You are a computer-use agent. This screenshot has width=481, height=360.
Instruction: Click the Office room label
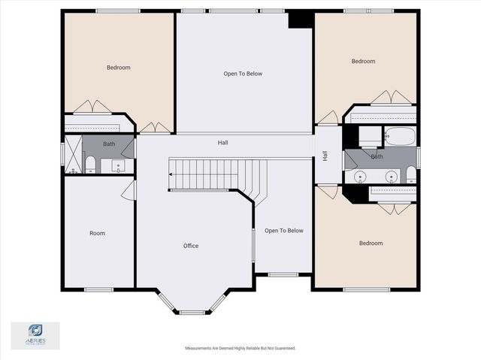point(191,246)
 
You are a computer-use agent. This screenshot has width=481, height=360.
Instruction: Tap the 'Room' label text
point(97,233)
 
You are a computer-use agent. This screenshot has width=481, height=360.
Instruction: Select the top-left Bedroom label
point(118,68)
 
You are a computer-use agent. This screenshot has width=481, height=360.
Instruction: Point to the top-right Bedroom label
point(363,61)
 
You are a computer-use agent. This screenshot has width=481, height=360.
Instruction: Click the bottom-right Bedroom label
point(371,243)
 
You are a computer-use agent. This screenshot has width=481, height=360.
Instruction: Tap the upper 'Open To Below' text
point(243,74)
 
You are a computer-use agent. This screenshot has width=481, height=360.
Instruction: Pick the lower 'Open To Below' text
point(284,231)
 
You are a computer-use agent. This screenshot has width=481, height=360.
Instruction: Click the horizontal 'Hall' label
point(223,142)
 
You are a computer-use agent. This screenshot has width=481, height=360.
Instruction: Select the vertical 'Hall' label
point(325,156)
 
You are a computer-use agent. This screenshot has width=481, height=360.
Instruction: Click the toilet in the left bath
point(89,165)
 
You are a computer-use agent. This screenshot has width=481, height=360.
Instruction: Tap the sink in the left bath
point(117,166)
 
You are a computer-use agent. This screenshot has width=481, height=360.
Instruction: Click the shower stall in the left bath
point(73,154)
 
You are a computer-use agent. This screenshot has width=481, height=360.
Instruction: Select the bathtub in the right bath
point(400,137)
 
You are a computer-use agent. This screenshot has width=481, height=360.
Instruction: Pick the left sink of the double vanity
point(361,177)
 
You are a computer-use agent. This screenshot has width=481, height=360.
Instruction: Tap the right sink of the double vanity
point(391,177)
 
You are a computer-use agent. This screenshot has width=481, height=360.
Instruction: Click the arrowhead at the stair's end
point(171,174)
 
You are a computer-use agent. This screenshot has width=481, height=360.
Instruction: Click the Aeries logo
point(35,334)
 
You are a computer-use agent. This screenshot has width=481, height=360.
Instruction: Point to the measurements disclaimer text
point(240,349)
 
